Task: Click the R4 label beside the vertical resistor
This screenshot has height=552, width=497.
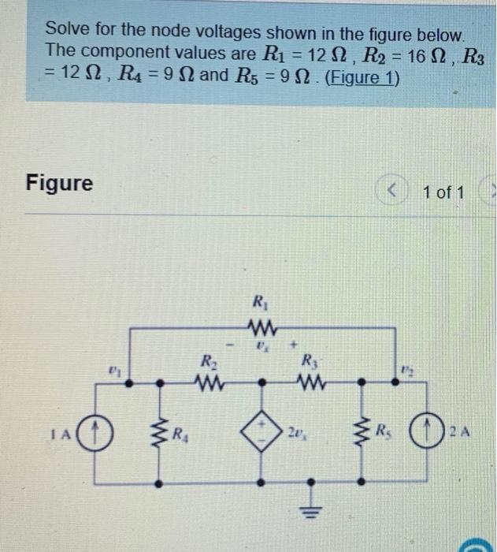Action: coord(180,433)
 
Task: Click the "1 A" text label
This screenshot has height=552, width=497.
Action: coord(66,433)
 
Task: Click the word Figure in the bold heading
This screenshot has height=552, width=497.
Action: coord(59,183)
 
